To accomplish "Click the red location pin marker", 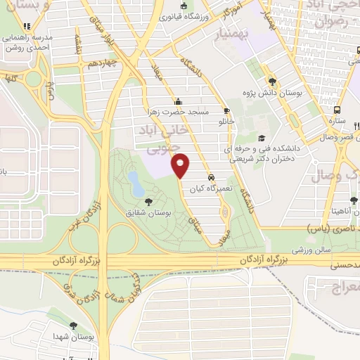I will pyautogui.click(x=181, y=166).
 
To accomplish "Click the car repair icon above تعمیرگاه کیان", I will pyautogui.click(x=212, y=178).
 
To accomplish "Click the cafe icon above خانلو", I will pyautogui.click(x=226, y=110).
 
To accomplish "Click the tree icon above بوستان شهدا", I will pyautogui.click(x=74, y=326).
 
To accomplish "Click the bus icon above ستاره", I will pyautogui.click(x=337, y=110).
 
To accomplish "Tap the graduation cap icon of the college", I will pyautogui.click(x=262, y=138).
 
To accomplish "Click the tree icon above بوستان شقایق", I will pyautogui.click(x=147, y=202).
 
